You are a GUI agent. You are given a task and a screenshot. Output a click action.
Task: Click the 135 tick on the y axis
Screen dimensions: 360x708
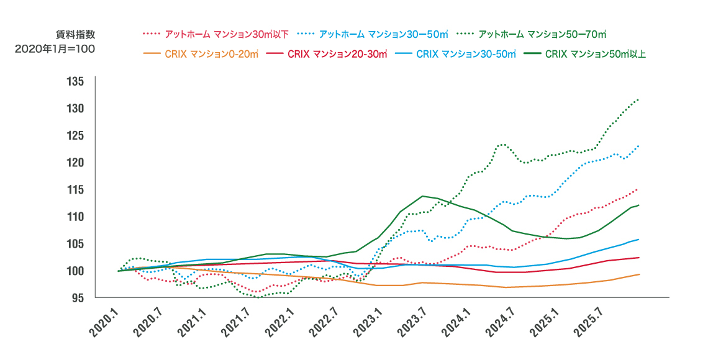[76, 82]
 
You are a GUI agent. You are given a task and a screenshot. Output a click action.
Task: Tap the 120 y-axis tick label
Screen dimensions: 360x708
[76, 163]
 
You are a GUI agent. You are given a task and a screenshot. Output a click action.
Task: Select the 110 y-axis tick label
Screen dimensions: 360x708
[76, 217]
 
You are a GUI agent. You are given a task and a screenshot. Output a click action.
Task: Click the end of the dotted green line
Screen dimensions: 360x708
[639, 99]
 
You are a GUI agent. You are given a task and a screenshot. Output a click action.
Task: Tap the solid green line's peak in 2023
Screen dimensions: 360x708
[423, 196]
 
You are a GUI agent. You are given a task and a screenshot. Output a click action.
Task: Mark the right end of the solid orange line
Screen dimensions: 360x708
[639, 274]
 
